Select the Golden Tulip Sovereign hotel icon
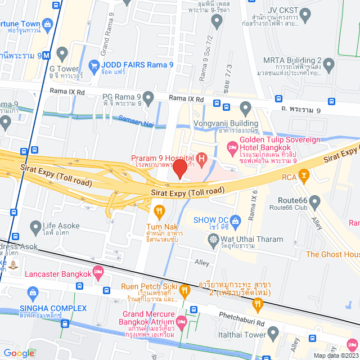(x=232, y=147)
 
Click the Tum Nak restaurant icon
(x=159, y=211)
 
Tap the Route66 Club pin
(x=314, y=201)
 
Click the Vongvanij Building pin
(x=245, y=107)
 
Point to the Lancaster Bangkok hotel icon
(x=99, y=273)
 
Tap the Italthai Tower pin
(x=274, y=333)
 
